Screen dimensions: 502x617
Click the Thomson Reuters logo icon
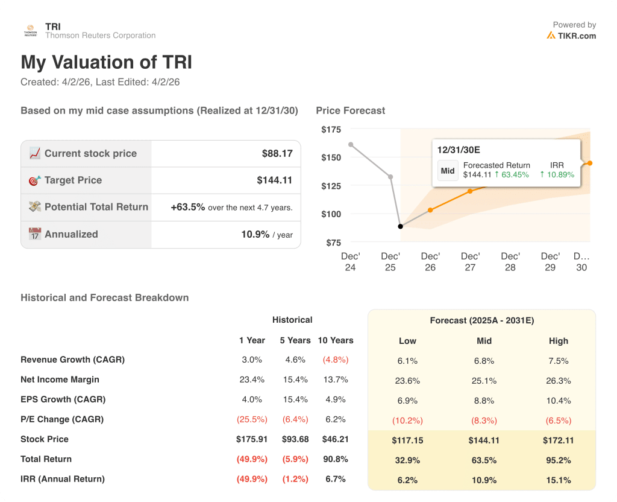click(x=30, y=31)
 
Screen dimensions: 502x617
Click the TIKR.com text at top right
click(x=577, y=36)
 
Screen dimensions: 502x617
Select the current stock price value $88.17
click(x=277, y=153)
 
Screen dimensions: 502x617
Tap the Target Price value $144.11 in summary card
click(x=275, y=180)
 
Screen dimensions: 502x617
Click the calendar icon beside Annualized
click(x=35, y=234)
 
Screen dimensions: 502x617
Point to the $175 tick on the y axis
click(x=331, y=129)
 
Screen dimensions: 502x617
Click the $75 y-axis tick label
click(x=333, y=243)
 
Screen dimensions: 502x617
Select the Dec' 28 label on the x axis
click(x=510, y=261)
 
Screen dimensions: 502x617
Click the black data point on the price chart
click(x=400, y=226)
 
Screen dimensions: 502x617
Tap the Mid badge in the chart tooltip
click(x=448, y=170)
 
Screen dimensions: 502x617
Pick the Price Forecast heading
click(x=350, y=110)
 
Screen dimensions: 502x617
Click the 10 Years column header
click(x=335, y=340)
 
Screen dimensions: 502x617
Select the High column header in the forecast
click(x=558, y=340)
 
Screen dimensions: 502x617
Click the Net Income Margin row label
click(x=60, y=380)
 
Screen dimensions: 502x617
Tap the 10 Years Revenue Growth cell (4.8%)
click(x=335, y=360)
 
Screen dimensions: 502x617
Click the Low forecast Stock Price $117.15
click(x=407, y=440)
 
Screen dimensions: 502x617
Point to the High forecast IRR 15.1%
click(x=558, y=480)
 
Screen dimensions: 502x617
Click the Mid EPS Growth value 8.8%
click(x=484, y=400)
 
